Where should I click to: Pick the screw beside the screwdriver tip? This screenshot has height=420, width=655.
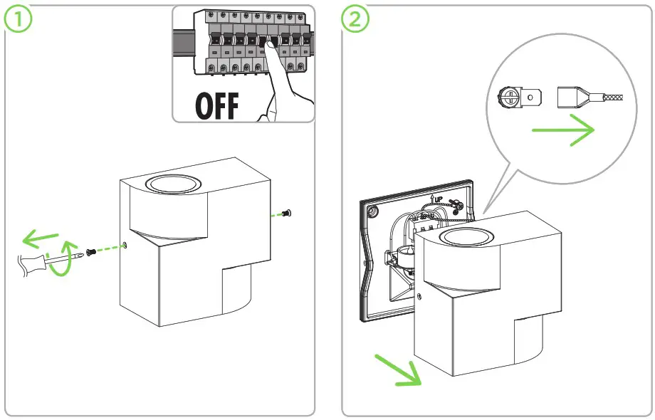pyautogui.click(x=92, y=251)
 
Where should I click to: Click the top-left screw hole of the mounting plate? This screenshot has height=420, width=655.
pyautogui.click(x=372, y=211)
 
